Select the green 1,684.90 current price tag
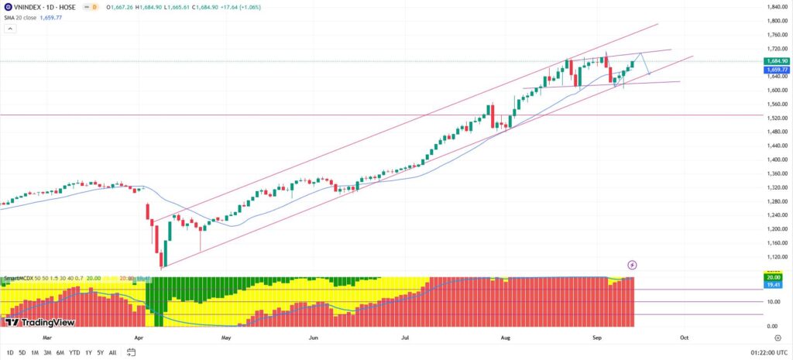pyautogui.click(x=776, y=60)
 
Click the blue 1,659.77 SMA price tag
pyautogui.click(x=776, y=69)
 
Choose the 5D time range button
pyautogui.click(x=22, y=352)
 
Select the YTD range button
pyautogui.click(x=74, y=352)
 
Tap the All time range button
pyautogui.click(x=113, y=352)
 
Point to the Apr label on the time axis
pyautogui.click(x=139, y=338)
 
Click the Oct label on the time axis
pyautogui.click(x=684, y=338)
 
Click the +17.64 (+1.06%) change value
pyautogui.click(x=245, y=6)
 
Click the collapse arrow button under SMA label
pyautogui.click(x=10, y=28)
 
